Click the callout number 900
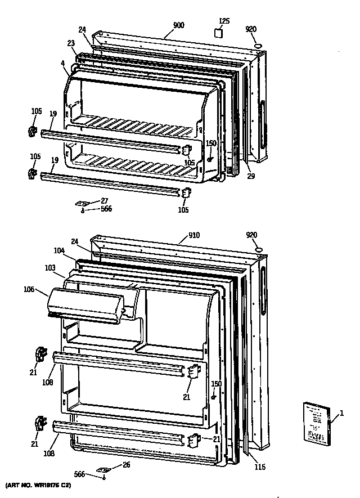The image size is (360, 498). [179, 25]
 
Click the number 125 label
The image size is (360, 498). [224, 21]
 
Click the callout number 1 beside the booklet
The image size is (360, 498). [342, 416]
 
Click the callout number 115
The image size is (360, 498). [258, 467]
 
